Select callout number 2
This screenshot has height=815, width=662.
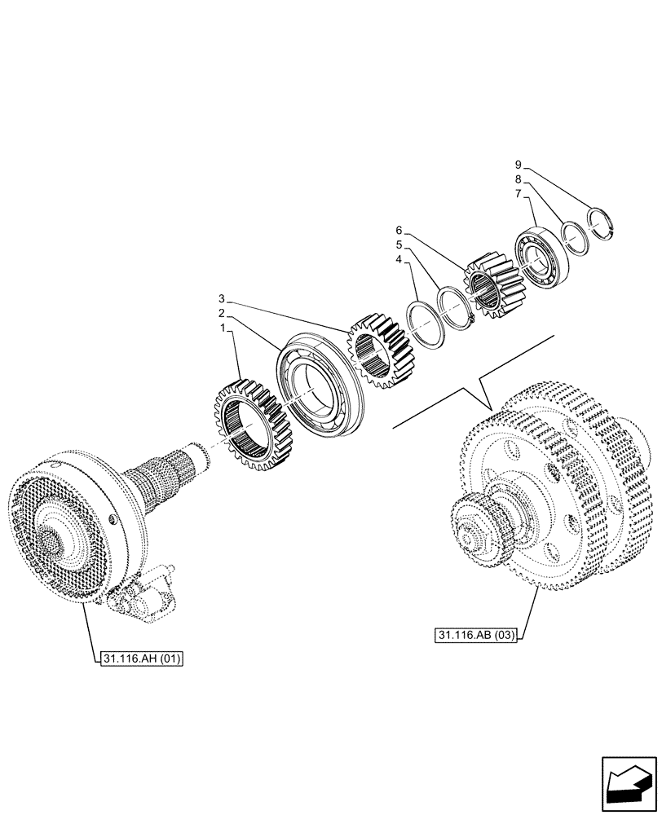point(221,312)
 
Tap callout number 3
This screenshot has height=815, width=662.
point(222,297)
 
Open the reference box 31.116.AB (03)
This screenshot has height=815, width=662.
point(477,636)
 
